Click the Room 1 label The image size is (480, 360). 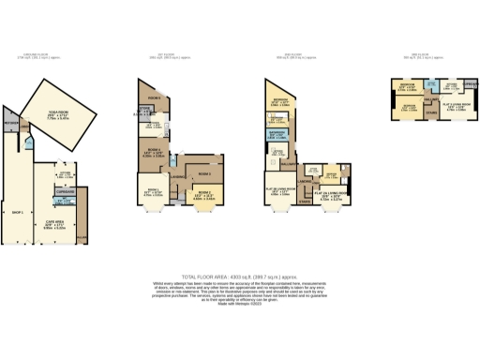pyautogui.click(x=151, y=192)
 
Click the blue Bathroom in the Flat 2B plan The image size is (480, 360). pyautogui.click(x=277, y=133)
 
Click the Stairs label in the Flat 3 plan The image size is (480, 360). pyautogui.click(x=430, y=113)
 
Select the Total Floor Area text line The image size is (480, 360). pyautogui.click(x=239, y=265)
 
